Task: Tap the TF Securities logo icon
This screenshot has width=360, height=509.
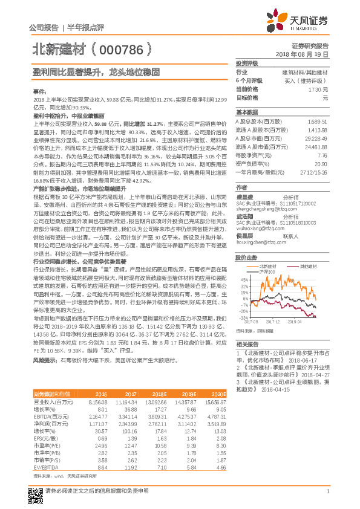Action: [278, 20]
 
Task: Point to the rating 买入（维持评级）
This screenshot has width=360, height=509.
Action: [306, 80]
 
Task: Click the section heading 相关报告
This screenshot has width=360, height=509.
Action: [246, 343]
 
